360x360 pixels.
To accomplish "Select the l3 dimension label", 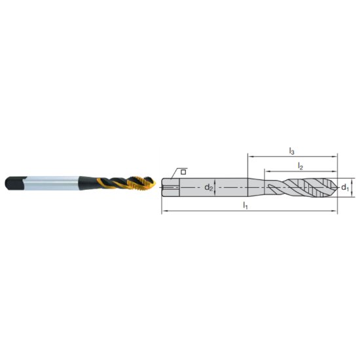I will pos(291,151).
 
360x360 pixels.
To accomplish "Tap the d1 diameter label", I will pos(345,188).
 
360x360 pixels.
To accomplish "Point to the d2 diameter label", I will pos(208,188).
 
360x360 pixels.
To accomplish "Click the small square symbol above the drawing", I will pos(184,171).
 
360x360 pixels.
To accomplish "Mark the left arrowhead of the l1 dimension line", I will pos(164,211).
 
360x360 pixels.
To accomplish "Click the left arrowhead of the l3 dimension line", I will pos(249,157).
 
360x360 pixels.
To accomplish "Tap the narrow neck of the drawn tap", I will pos(257,188).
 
